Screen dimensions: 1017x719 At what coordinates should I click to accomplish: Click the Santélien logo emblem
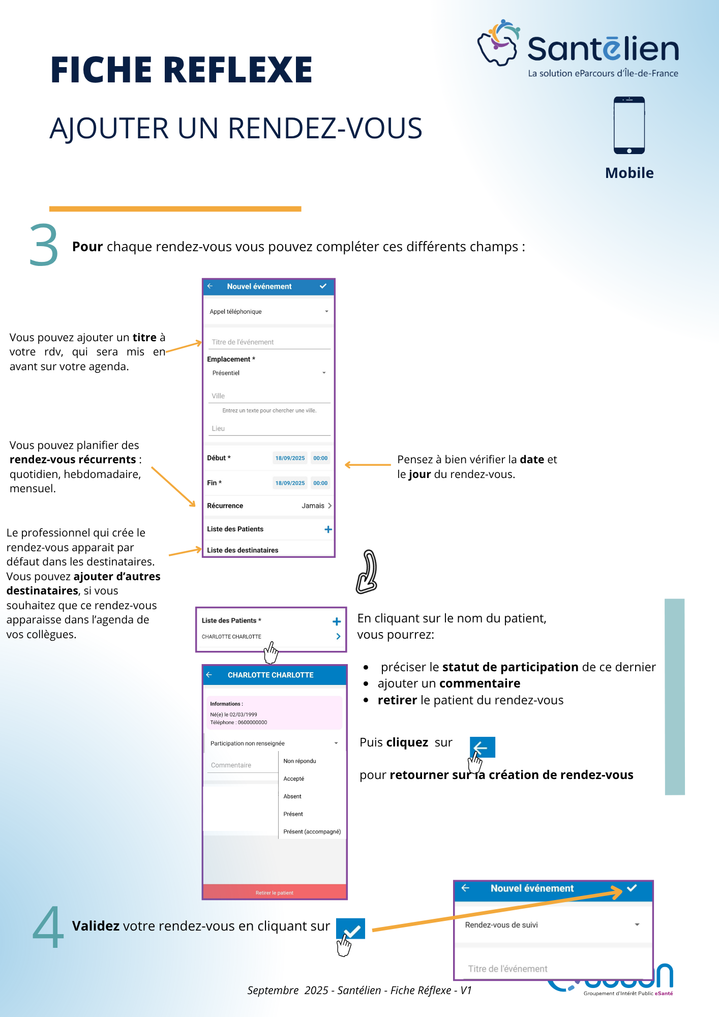tap(498, 43)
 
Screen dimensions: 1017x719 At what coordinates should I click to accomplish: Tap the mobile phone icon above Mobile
tap(629, 125)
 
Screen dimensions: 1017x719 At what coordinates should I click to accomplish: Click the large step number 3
tap(44, 246)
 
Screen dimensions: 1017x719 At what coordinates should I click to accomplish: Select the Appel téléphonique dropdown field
tap(268, 312)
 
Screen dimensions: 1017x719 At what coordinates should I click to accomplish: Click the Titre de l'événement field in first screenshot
tap(269, 342)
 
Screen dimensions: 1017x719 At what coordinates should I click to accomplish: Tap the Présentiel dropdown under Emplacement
tap(268, 373)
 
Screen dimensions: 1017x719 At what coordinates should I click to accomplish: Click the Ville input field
tap(269, 396)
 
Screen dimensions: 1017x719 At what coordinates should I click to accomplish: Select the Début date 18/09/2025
tap(290, 458)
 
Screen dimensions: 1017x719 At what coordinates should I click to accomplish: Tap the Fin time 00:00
tap(320, 483)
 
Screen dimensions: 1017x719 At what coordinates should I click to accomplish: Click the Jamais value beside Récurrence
tap(313, 506)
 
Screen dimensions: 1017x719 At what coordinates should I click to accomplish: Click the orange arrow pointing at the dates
tap(368, 465)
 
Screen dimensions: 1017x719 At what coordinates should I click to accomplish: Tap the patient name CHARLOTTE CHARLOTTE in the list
tap(232, 637)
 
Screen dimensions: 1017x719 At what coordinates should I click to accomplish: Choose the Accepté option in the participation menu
tap(294, 779)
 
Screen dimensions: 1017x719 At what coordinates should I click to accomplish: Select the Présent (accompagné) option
tap(312, 832)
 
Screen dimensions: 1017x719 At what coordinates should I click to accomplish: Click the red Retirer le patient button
tap(275, 892)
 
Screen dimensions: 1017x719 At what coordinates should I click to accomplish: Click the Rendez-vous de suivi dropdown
tap(552, 925)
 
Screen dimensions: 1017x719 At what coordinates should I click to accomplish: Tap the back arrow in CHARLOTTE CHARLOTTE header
tap(209, 675)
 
